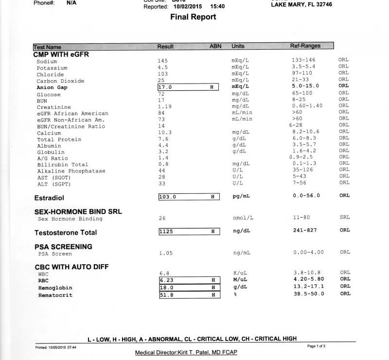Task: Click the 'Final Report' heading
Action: (x=193, y=17)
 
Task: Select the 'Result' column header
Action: (x=165, y=46)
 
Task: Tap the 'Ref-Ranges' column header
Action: (x=305, y=46)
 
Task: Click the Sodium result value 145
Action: (x=163, y=61)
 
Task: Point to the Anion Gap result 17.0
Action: (x=166, y=87)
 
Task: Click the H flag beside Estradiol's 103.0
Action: (x=212, y=197)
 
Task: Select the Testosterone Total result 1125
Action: (x=166, y=231)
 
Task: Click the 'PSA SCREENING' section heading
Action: (x=63, y=246)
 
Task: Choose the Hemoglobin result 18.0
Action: (x=166, y=287)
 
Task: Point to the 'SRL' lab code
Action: (x=344, y=218)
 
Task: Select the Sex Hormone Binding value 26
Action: (x=162, y=218)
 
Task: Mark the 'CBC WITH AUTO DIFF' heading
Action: (x=71, y=267)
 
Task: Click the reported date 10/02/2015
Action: (x=187, y=7)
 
